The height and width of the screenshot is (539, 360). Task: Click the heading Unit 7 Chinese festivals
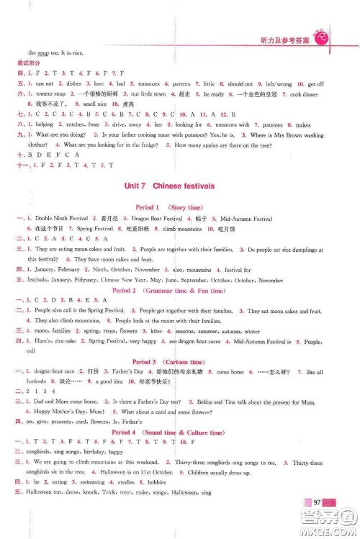pos(180,186)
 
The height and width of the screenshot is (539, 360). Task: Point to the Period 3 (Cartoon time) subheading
pos(179,361)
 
